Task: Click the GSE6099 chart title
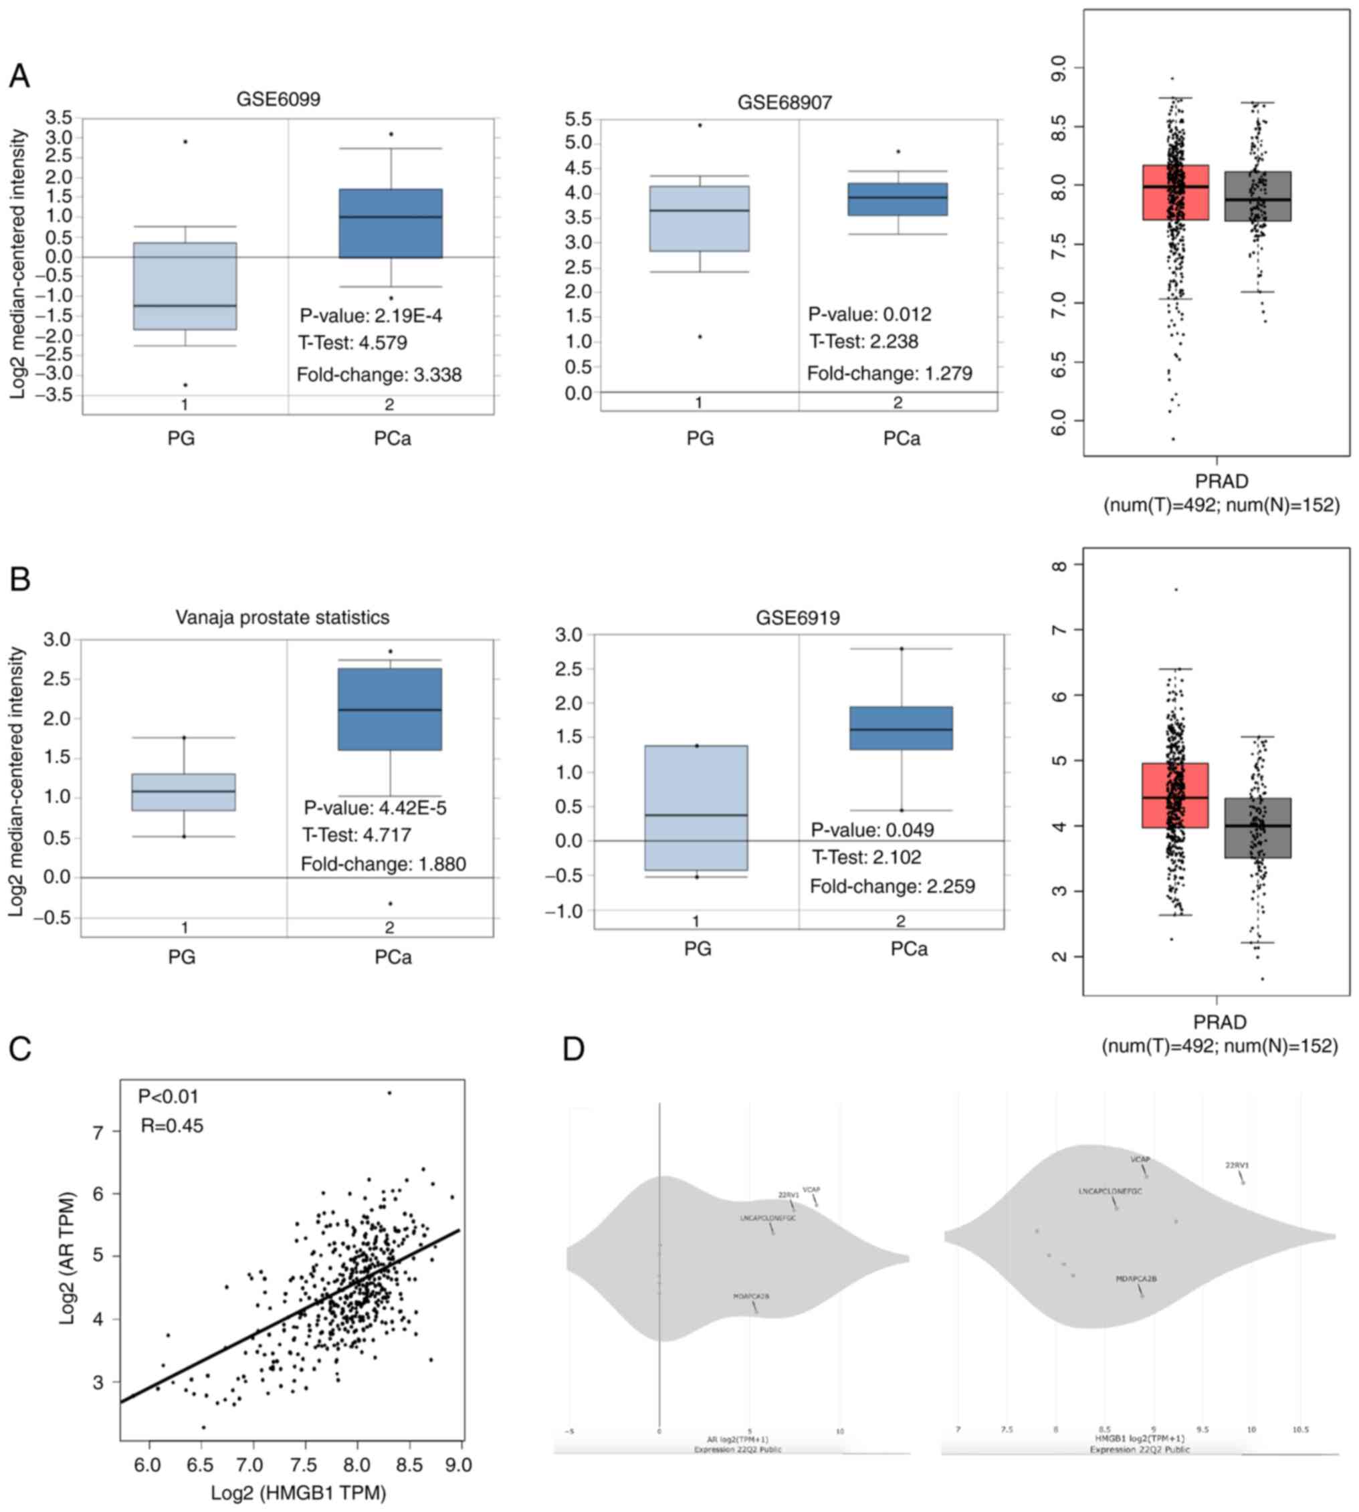[x=278, y=100]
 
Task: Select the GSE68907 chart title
[x=784, y=102]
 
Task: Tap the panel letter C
[x=20, y=1049]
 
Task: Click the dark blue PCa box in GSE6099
[x=390, y=223]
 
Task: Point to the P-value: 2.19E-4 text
[x=371, y=316]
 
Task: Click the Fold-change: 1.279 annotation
[x=890, y=373]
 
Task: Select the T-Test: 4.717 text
[x=356, y=835]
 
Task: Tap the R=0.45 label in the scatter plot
[x=172, y=1125]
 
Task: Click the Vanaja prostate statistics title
[x=282, y=617]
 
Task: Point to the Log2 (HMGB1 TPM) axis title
[x=298, y=1493]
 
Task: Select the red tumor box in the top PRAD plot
[x=1175, y=193]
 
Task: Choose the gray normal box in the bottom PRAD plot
[x=1257, y=828]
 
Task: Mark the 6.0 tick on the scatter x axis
[x=148, y=1465]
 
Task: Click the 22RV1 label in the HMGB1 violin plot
[x=1237, y=1165]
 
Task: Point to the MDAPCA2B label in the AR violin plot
[x=750, y=1296]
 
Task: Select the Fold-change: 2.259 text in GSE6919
[x=892, y=886]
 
